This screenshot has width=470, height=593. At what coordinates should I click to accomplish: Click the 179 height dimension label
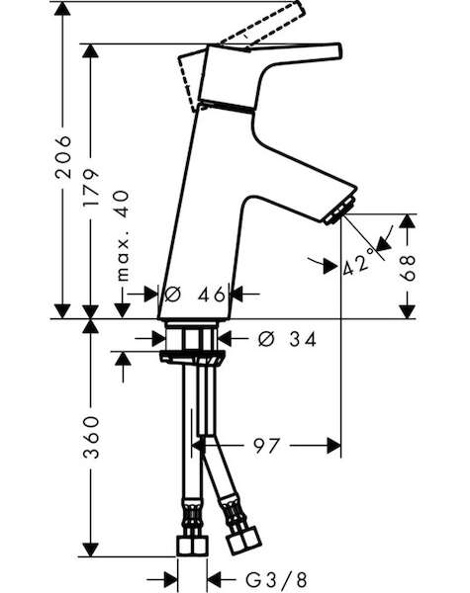91,188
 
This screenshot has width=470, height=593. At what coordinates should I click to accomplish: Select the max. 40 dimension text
123,236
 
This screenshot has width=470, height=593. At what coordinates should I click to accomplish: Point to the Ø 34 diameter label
287,339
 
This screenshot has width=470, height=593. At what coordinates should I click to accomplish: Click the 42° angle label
356,264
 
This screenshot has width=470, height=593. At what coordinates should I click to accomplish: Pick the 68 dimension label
408,268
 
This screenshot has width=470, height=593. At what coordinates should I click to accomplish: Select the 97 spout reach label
266,446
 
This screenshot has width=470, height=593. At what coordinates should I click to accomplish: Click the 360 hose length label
91,438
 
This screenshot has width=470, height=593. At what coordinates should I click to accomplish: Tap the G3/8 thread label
276,579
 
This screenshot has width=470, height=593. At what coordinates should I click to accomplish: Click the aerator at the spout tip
340,211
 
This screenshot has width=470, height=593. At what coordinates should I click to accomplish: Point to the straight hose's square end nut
192,546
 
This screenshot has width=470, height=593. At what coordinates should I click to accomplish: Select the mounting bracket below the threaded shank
192,358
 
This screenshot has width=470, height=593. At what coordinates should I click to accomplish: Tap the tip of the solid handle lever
339,50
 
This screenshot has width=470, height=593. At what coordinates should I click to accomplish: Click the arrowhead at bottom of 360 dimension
90,550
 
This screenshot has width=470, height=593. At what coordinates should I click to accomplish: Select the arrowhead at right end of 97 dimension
333,446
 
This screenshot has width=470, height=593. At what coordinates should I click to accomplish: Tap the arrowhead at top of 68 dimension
408,220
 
